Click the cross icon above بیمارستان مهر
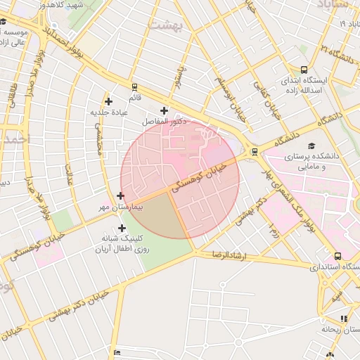point(120,195)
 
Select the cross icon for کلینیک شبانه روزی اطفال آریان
point(122,228)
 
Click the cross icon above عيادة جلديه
point(108,102)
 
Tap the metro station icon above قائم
point(134,88)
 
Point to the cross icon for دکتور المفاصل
point(165,110)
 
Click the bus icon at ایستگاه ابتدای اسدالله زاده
point(303,70)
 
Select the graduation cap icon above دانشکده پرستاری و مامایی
point(310,143)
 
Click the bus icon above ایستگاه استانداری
point(338,256)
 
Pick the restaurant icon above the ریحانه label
point(343,319)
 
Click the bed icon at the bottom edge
point(117,352)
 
